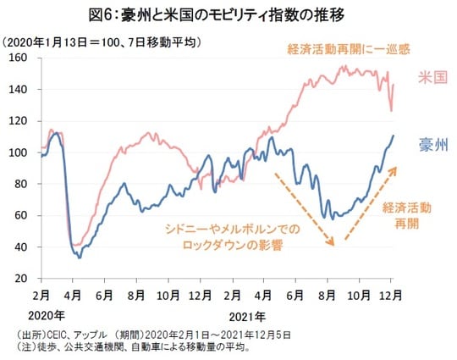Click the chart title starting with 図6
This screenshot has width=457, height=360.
(x=228, y=14)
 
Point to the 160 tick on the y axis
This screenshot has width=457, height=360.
(x=20, y=58)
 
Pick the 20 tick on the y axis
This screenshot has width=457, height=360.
(x=23, y=279)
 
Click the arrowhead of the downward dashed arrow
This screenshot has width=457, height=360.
(x=335, y=244)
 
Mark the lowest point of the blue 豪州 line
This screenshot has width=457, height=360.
(x=80, y=257)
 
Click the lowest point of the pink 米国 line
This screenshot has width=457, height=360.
(x=76, y=245)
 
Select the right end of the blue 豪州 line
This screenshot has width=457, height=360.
(x=394, y=136)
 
